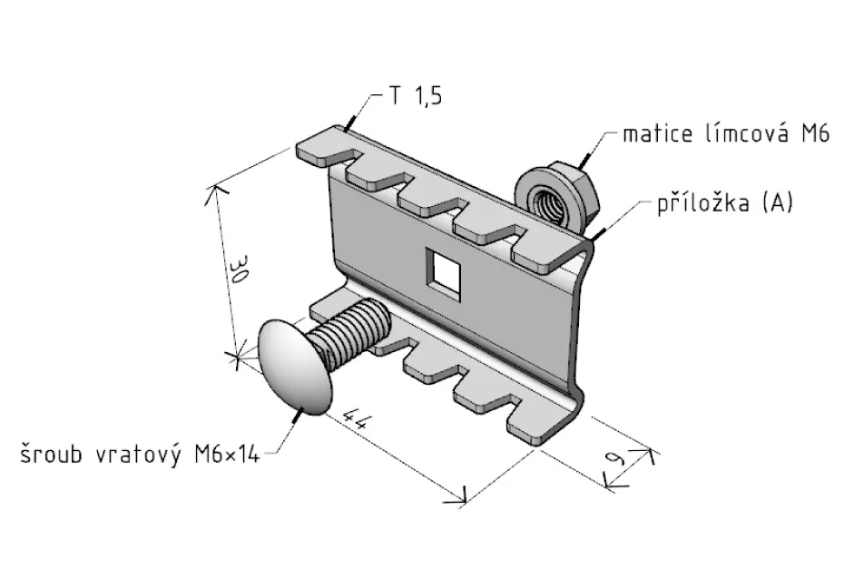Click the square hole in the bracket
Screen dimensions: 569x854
444,271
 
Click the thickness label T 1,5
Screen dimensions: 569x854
415,96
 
